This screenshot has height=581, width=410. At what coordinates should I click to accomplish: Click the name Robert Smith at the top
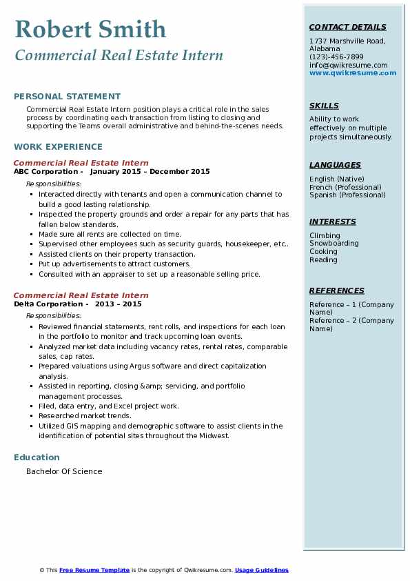tap(90, 29)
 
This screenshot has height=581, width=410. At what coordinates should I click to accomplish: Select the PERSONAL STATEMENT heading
tap(67, 97)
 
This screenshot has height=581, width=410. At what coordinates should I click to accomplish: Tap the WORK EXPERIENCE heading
tap(58, 146)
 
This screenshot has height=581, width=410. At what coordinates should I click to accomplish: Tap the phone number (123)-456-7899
tap(336, 57)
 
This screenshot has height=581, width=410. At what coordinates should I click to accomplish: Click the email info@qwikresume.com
tap(348, 65)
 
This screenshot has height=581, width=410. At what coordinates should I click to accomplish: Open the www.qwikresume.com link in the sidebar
tap(353, 72)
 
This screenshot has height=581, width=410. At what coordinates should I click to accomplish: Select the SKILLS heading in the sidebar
tap(324, 106)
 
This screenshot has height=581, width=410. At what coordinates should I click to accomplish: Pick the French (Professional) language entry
tap(345, 187)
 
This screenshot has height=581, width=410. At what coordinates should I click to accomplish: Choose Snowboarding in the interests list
tap(334, 244)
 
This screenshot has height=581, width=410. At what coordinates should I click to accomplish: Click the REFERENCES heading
tap(336, 290)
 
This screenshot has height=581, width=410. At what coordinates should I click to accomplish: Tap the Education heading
tap(37, 457)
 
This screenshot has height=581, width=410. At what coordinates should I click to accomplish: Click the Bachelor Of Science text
tap(64, 471)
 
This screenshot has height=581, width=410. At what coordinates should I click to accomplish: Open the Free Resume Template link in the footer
tap(94, 570)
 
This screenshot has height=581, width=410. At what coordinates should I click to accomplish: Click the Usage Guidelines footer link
tap(261, 570)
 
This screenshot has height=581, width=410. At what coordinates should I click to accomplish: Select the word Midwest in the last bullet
tap(212, 436)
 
